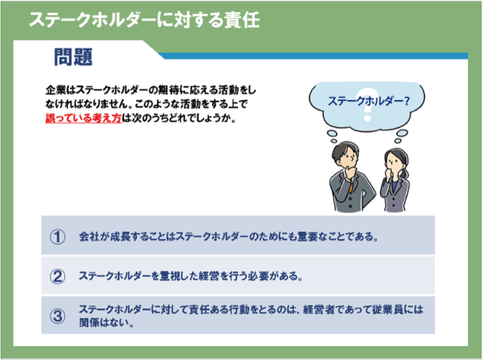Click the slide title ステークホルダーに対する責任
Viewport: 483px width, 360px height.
(x=145, y=19)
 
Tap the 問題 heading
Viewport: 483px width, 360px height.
(x=73, y=57)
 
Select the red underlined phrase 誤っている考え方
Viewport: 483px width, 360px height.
(x=84, y=118)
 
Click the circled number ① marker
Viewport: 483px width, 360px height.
(x=57, y=237)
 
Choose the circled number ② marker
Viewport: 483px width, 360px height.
(x=57, y=276)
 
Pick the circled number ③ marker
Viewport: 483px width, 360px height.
(x=57, y=316)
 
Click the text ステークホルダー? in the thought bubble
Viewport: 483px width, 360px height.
(x=369, y=101)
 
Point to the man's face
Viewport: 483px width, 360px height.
(x=349, y=158)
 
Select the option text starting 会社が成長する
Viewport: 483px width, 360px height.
(x=228, y=237)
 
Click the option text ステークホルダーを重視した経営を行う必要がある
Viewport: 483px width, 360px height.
(x=190, y=276)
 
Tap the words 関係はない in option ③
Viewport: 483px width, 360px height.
(x=104, y=323)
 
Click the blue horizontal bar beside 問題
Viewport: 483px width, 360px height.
(x=314, y=56)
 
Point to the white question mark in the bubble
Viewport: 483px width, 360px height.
(x=367, y=104)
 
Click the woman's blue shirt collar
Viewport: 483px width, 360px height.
(x=394, y=185)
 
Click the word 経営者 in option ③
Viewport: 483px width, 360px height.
(x=319, y=309)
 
